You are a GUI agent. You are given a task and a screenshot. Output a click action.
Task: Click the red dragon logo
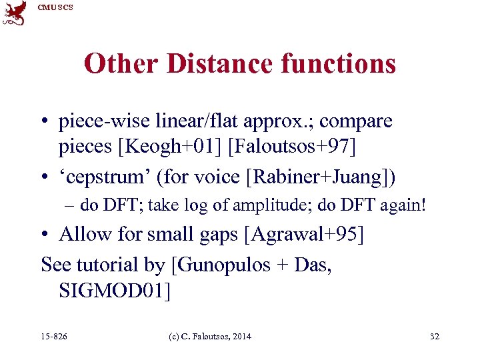pyautogui.click(x=15, y=13)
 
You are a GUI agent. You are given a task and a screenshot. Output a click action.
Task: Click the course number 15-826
pyautogui.click(x=54, y=337)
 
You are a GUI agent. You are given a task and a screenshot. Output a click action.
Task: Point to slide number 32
pyautogui.click(x=435, y=337)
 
